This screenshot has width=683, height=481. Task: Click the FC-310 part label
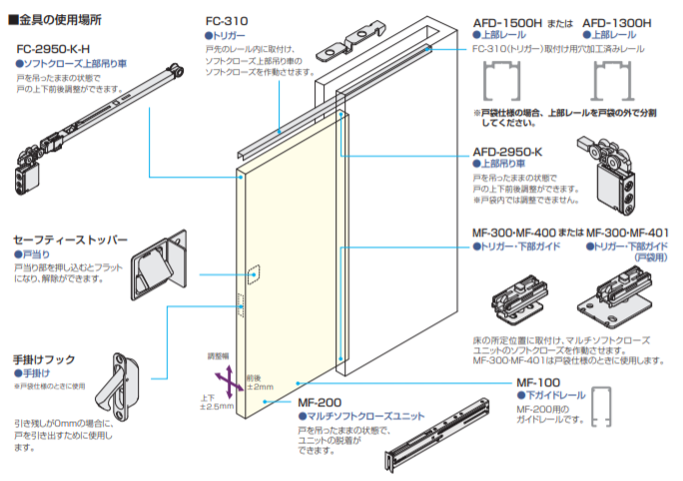(x=227, y=20)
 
